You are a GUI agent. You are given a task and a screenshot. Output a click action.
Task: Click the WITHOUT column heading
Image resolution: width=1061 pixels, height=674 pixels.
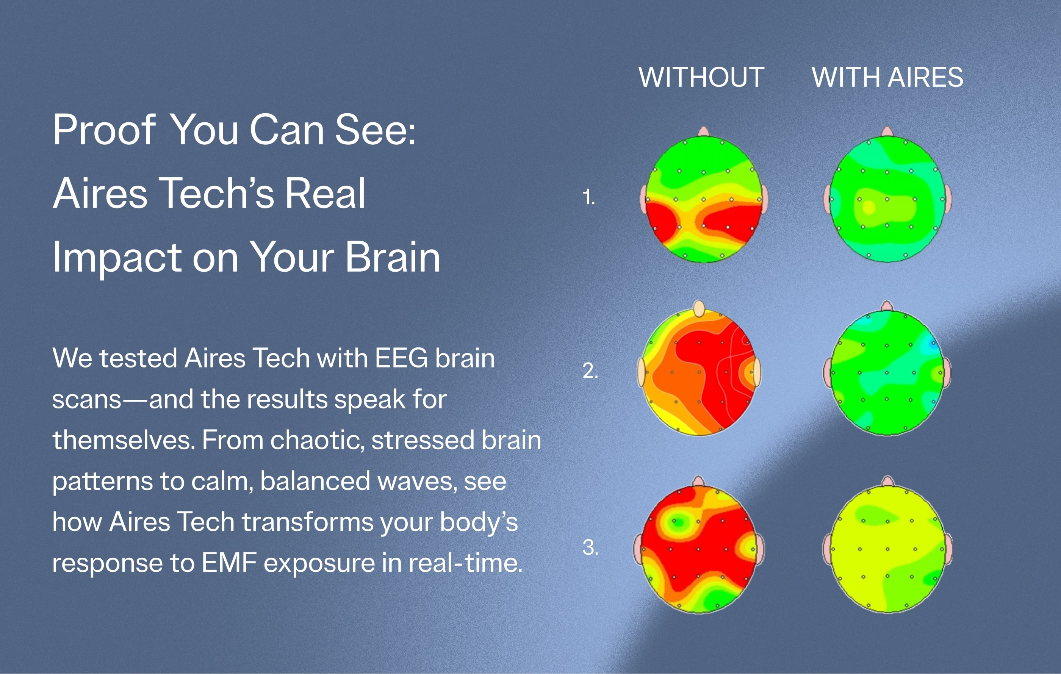[701, 78]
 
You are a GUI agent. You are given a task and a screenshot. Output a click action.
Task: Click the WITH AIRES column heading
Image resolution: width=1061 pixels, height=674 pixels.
[887, 78]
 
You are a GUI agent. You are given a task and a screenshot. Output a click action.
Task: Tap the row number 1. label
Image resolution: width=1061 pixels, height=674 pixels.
[588, 197]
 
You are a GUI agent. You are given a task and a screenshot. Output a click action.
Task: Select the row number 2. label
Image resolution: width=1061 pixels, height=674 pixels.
[590, 371]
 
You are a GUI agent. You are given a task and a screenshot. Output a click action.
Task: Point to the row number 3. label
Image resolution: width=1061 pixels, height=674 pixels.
[590, 547]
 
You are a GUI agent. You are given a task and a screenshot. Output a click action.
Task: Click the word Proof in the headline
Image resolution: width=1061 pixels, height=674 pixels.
[105, 130]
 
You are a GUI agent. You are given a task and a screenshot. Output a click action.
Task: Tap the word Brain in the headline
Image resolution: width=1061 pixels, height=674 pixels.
[393, 257]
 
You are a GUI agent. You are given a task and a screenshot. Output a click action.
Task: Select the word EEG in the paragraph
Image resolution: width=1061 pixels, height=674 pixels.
[401, 358]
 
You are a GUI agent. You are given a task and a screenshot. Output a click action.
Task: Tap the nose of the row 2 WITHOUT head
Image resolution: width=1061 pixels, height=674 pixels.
[699, 309]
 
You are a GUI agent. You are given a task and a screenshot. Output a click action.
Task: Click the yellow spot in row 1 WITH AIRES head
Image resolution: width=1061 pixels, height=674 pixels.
[869, 207]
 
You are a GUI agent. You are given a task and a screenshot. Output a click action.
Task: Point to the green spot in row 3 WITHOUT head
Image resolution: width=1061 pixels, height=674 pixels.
[678, 522]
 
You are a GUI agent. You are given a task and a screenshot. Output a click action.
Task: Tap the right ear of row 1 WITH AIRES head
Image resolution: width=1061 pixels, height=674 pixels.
[947, 200]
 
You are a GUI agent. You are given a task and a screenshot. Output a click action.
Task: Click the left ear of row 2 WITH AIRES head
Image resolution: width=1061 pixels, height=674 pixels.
[827, 373]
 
